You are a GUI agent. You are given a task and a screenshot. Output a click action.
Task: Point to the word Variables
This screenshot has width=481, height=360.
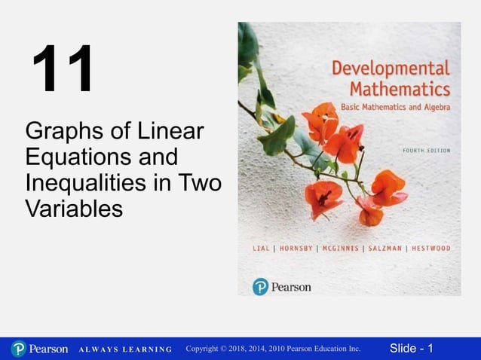(73, 209)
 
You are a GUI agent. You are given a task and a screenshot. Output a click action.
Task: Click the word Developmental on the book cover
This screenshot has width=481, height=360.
(391, 69)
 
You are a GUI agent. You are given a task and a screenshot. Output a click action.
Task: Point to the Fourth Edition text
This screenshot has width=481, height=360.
(422, 150)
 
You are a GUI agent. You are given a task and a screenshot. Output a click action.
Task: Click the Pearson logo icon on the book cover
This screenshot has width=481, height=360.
(261, 286)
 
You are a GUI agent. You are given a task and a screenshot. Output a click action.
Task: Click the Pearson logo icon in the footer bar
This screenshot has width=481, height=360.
(18, 349)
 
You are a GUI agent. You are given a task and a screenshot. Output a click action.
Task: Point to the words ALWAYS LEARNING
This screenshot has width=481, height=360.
(125, 349)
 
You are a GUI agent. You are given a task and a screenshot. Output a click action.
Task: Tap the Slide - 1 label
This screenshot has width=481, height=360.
(411, 348)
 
